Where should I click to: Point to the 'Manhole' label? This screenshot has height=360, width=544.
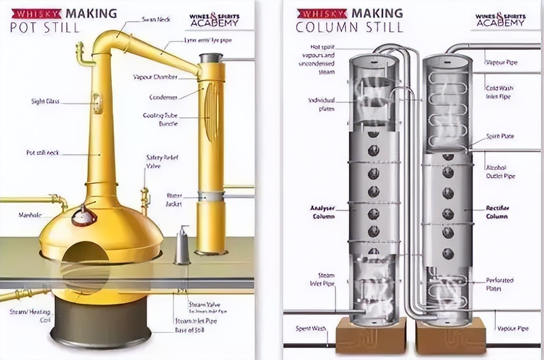30,215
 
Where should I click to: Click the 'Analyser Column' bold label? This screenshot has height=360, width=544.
322,212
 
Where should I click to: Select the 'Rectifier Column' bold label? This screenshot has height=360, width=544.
497,212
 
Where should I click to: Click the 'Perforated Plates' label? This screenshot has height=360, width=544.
499,285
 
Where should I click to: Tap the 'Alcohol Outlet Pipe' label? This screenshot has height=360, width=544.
500,172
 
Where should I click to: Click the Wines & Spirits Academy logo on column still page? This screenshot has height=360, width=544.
500,20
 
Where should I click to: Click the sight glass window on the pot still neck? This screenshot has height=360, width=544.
97,103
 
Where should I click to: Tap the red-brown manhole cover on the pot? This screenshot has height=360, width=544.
84,215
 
